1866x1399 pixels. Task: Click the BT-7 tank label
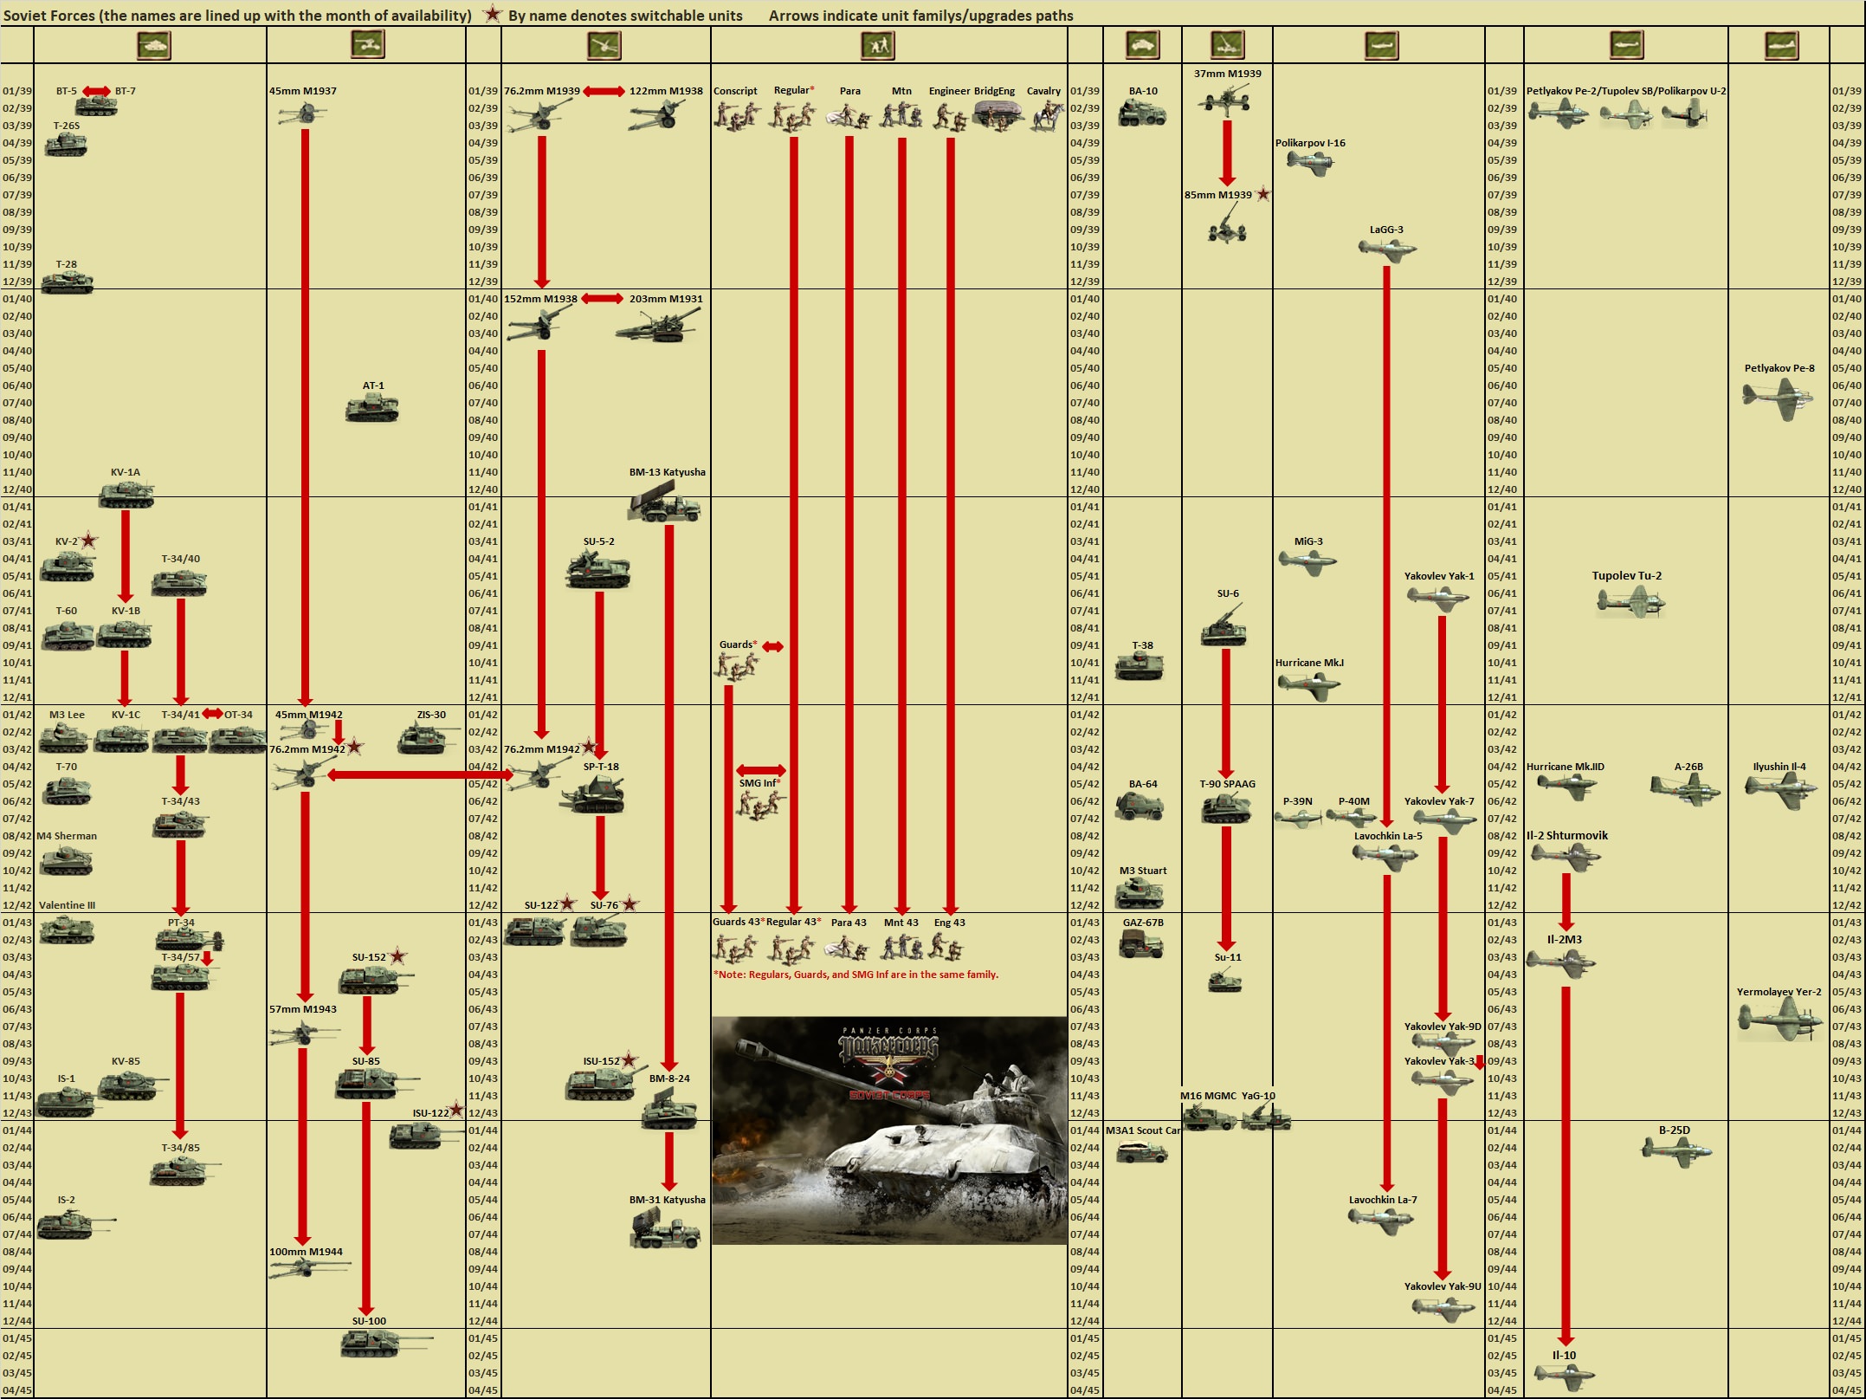point(126,91)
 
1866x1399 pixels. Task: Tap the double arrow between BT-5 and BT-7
point(96,91)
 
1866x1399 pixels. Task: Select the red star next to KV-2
point(88,541)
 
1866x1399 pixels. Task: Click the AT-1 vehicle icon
point(372,407)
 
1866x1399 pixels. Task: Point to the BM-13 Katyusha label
point(667,472)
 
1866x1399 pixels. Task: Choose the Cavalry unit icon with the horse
point(1046,114)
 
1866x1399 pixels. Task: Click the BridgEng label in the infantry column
point(994,91)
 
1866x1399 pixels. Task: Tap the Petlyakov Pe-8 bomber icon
point(1778,398)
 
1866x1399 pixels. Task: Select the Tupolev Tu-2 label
point(1626,576)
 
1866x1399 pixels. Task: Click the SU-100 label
point(369,1321)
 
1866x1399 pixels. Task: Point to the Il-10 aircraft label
point(1564,1356)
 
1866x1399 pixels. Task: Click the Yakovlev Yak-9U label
point(1443,1286)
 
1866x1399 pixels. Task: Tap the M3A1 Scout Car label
point(1143,1130)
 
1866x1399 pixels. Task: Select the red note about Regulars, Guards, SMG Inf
point(856,975)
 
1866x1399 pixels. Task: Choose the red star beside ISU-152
point(630,1060)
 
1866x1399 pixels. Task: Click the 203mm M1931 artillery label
point(666,299)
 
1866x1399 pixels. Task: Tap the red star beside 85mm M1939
point(1263,194)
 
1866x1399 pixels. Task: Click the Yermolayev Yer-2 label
point(1779,992)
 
